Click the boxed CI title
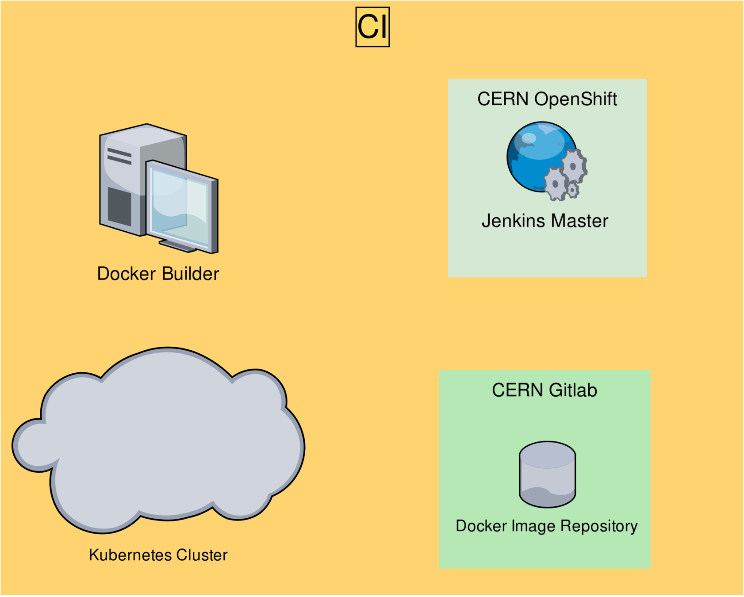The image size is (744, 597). [372, 27]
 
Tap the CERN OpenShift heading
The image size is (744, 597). [547, 99]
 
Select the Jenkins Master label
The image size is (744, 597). [545, 221]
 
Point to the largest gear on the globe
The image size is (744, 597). [574, 166]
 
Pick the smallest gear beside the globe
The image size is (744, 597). [573, 190]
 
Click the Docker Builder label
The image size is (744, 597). [158, 274]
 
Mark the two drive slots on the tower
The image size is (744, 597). [119, 156]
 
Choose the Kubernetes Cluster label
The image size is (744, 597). [158, 555]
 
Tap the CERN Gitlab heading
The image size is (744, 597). [545, 390]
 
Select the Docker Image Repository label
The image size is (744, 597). [547, 526]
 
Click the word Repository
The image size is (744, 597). [599, 526]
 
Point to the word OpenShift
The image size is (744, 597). [575, 99]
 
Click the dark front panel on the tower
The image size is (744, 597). [119, 207]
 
